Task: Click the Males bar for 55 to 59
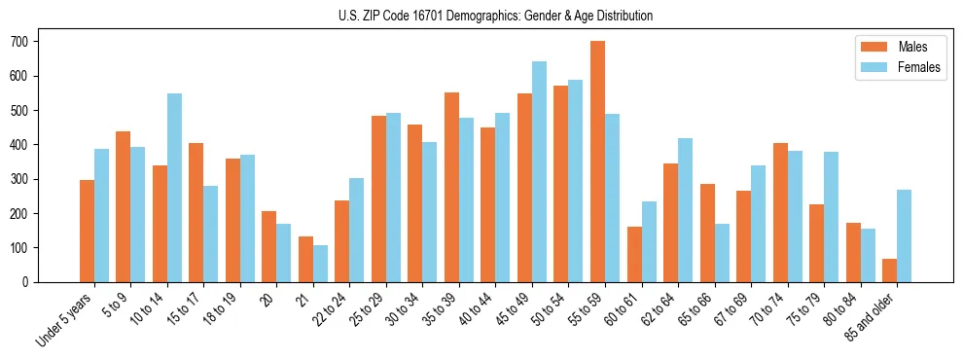597,162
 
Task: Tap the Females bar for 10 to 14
174,188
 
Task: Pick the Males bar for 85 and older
889,270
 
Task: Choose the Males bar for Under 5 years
87,231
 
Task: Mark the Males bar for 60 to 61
634,254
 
